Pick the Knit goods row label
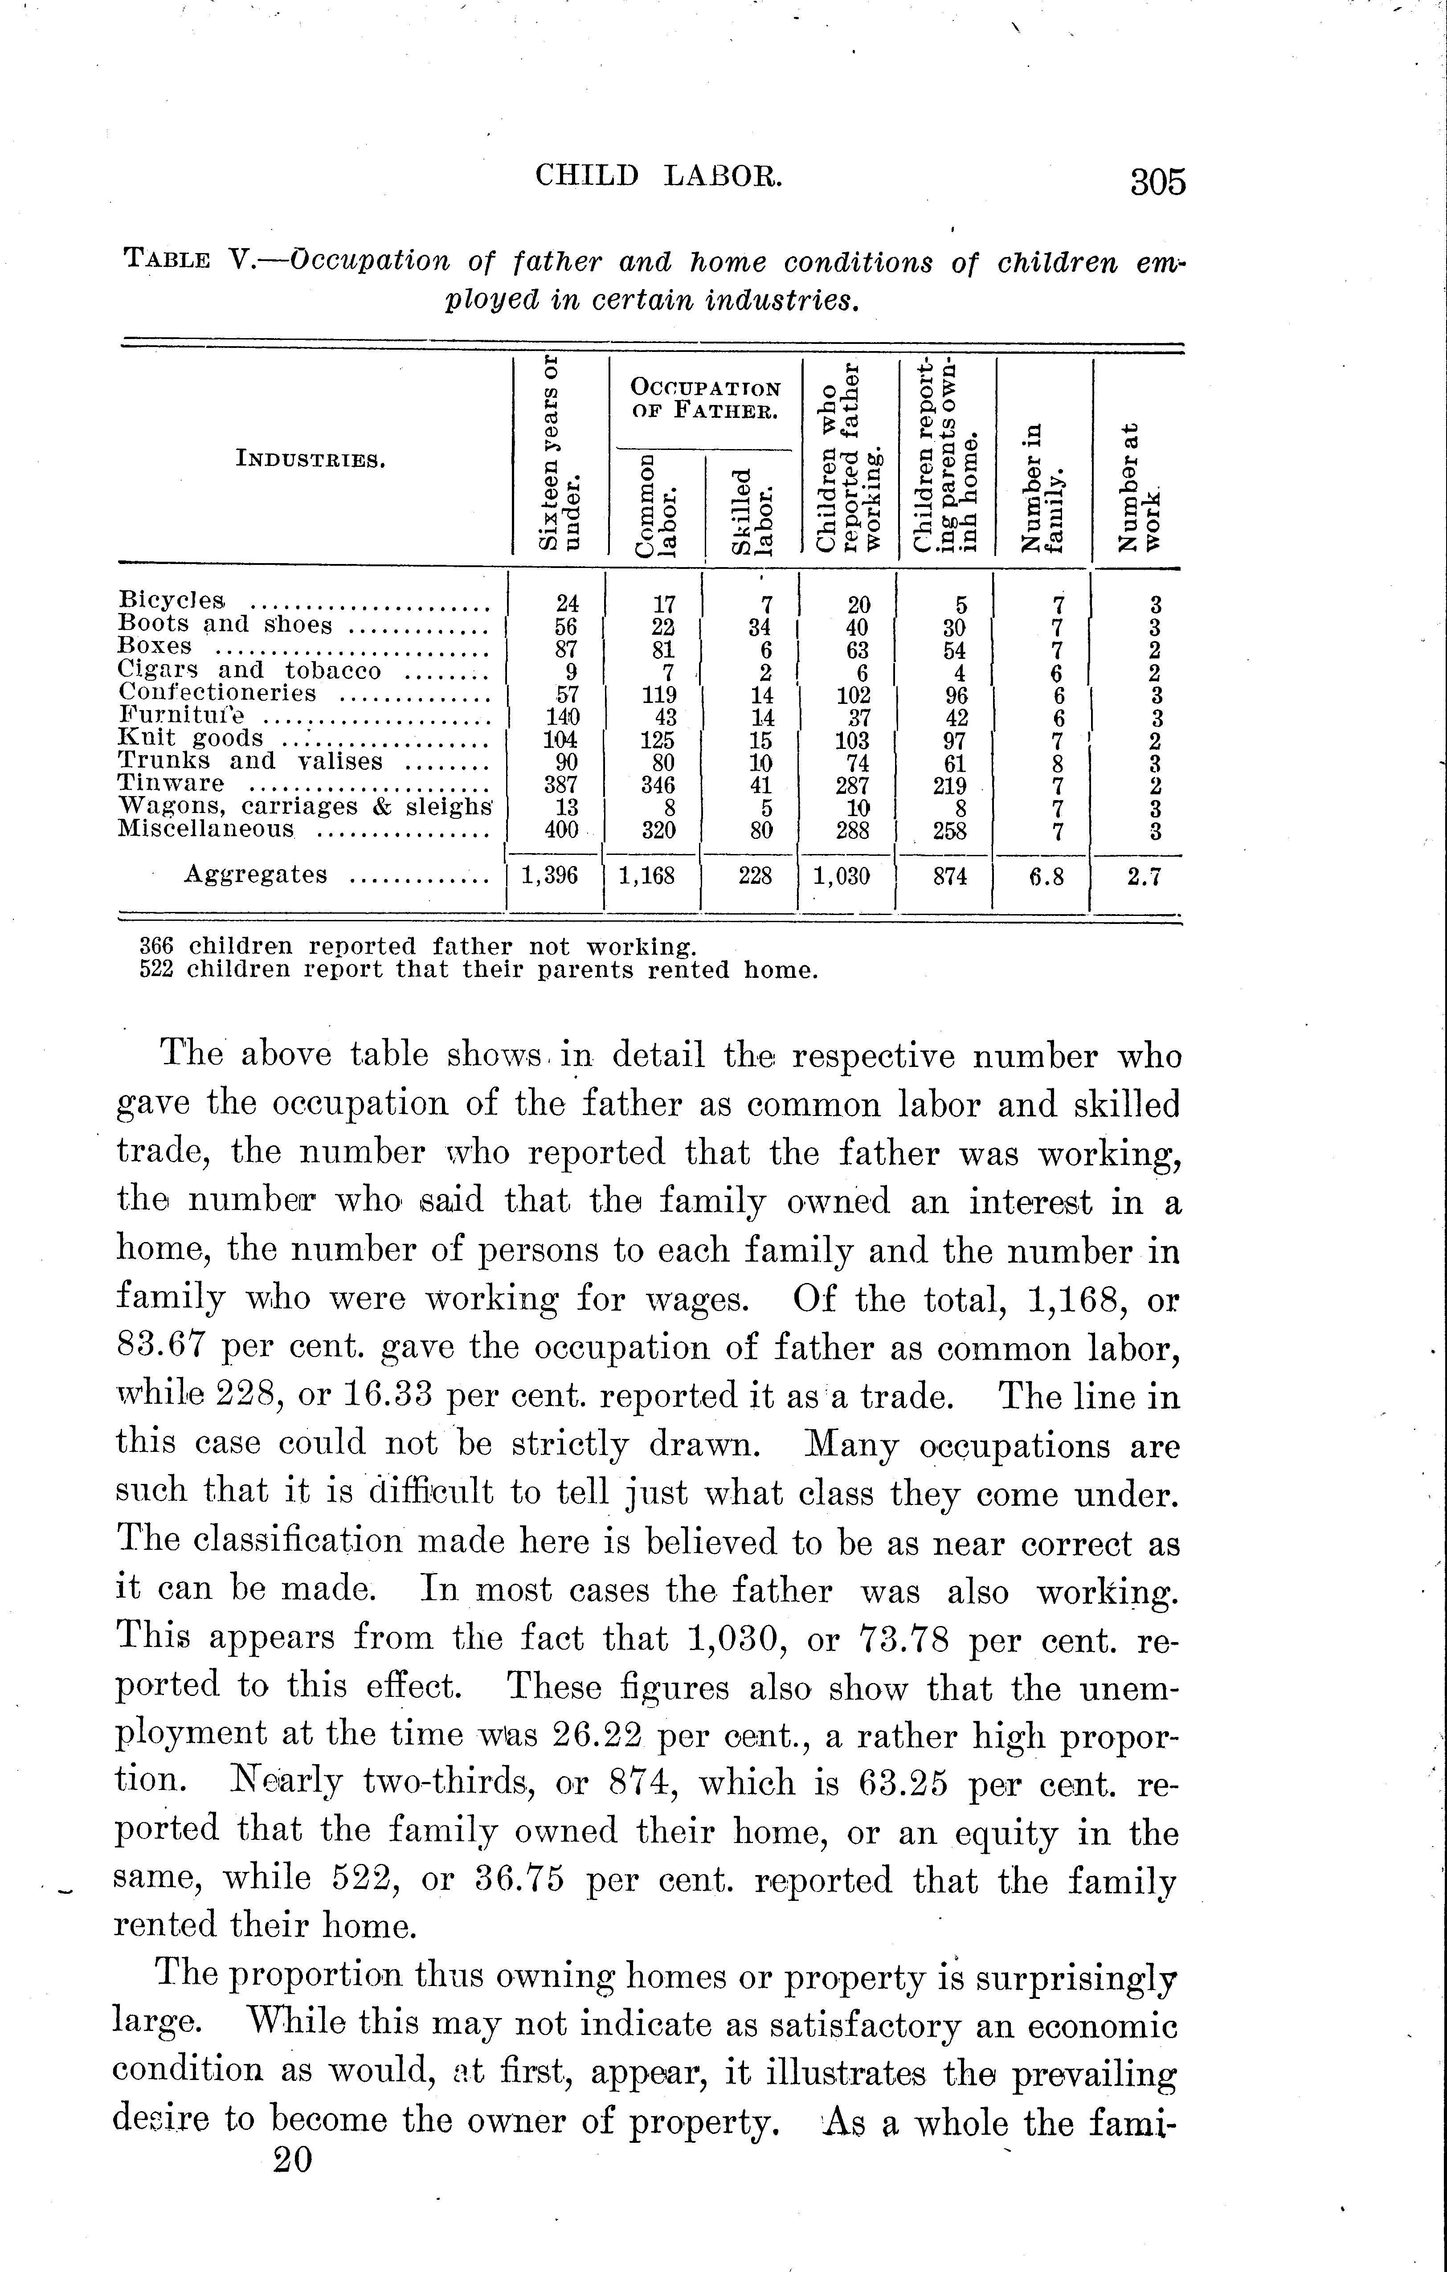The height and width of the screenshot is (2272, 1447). (191, 738)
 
